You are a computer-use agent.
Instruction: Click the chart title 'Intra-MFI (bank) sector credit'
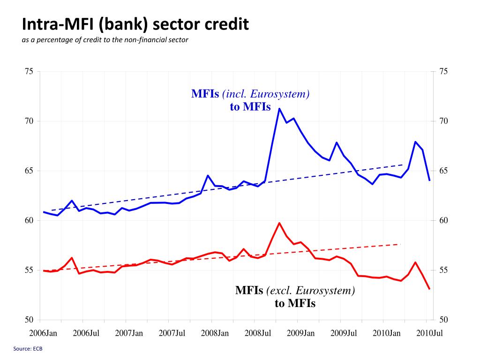[135, 24]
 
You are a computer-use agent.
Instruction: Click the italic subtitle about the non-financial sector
[105, 40]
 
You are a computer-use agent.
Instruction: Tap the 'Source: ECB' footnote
[28, 349]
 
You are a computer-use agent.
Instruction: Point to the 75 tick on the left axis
[29, 71]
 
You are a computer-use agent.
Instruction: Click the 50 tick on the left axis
[29, 320]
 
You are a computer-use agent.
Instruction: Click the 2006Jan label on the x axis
[43, 333]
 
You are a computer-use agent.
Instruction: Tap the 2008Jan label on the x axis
[215, 333]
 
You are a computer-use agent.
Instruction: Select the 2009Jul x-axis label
[344, 333]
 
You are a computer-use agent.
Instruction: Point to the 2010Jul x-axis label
[429, 333]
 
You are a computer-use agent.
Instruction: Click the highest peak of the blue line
[279, 108]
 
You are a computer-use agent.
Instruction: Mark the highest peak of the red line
[279, 223]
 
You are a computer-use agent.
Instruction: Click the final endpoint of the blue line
[429, 180]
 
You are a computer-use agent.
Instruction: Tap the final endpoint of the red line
[429, 289]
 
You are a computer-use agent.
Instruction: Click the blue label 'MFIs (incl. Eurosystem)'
[250, 94]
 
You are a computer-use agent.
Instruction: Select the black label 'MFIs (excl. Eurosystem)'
[295, 290]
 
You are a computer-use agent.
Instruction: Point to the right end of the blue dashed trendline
[402, 165]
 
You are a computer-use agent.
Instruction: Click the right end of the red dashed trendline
[400, 244]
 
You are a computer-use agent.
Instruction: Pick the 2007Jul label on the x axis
[172, 333]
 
